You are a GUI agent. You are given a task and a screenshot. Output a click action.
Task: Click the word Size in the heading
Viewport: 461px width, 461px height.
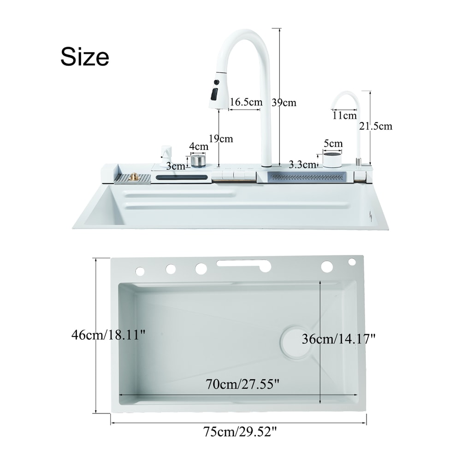point(85,57)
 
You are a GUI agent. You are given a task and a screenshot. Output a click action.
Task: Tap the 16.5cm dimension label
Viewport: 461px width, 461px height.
point(246,102)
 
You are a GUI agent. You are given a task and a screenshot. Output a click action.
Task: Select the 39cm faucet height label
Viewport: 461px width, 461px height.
point(284,102)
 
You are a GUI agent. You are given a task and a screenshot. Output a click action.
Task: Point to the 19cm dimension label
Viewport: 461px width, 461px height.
point(220,138)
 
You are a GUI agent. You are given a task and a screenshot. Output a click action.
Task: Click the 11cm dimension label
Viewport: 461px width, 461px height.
point(344,115)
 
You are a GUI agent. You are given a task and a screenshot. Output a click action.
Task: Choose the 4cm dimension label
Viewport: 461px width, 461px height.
point(199,146)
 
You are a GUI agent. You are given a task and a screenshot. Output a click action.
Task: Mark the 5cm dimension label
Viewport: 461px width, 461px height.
point(333,143)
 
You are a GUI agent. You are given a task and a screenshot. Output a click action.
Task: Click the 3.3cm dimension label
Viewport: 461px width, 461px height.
point(302,164)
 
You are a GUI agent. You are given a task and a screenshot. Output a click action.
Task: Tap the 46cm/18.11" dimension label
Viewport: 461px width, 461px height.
point(108,335)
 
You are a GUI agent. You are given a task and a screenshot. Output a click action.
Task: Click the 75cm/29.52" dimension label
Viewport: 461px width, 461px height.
point(240,432)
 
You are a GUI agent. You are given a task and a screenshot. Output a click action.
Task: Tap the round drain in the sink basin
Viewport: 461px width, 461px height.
point(296,342)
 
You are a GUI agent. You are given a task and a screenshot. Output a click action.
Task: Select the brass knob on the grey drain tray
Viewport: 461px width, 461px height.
point(134,177)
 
